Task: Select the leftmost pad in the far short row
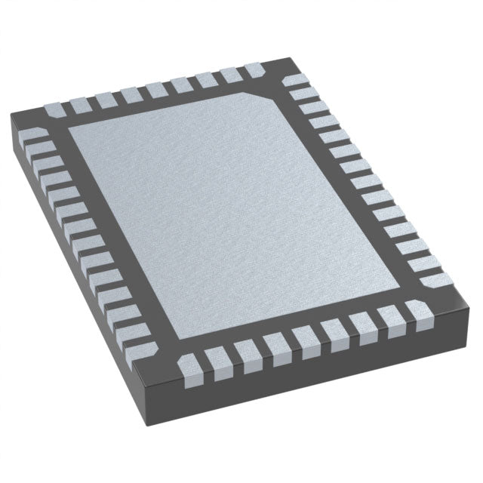55,110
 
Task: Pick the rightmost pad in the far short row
254,71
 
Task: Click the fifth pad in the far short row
156,91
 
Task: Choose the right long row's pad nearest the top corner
291,80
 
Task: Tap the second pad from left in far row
81,105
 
